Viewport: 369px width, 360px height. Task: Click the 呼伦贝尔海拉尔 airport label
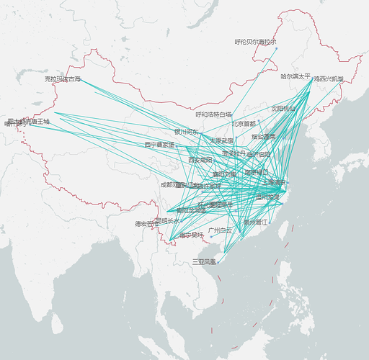(x=255, y=42)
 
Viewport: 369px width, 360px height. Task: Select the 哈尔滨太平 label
(x=295, y=76)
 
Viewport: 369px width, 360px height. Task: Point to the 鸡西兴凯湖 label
(x=329, y=78)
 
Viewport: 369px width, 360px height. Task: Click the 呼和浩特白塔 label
(x=214, y=114)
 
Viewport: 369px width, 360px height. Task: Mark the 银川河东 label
(x=186, y=132)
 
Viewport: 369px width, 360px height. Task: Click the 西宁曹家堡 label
(x=159, y=145)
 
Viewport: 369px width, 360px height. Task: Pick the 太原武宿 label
(x=222, y=140)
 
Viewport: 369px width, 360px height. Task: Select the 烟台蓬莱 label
(x=264, y=136)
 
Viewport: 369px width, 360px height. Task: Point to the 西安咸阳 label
(x=200, y=160)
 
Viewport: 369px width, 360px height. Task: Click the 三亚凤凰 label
(x=204, y=262)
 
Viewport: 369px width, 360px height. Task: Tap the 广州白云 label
(x=220, y=230)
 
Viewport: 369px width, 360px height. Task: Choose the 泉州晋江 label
(x=256, y=222)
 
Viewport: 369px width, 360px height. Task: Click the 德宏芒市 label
(x=146, y=224)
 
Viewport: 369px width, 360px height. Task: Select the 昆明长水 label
(x=166, y=220)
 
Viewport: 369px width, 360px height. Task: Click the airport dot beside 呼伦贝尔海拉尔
(x=275, y=48)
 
